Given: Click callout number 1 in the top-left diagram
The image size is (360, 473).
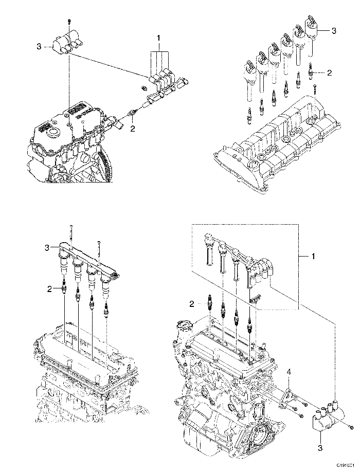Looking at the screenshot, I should click(159, 38).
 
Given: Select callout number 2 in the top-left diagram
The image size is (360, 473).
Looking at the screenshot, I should click(132, 129).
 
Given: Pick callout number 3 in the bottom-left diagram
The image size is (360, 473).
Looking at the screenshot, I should click(46, 248).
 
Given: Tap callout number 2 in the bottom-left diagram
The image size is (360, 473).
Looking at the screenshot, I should click(50, 289).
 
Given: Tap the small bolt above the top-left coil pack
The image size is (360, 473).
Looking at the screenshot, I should click(68, 21).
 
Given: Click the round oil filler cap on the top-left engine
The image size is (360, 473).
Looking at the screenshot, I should click(52, 135).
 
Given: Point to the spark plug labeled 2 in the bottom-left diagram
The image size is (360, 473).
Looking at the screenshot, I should click(64, 290).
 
